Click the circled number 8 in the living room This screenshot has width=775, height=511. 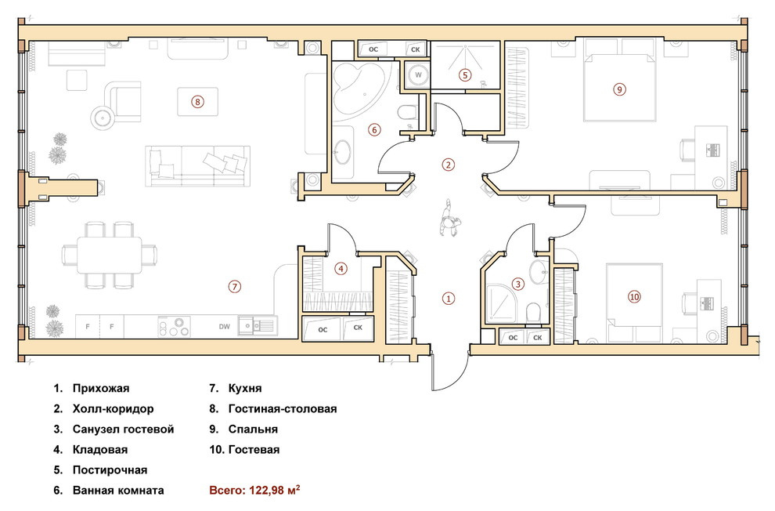pos(197,102)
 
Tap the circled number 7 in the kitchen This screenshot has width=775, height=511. pos(234,286)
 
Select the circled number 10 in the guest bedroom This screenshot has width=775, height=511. pos(634,297)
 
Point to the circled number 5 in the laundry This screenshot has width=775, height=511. pos(464,75)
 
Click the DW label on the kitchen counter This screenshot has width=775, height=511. pos(225,327)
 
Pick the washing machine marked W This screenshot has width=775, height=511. pos(418,75)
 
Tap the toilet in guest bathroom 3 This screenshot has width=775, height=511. pos(533,312)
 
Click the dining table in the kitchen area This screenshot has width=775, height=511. pos(110,255)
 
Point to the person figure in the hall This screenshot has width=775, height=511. pos(449,218)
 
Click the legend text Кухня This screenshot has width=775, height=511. pos(245,388)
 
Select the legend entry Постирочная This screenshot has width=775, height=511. pos(110,470)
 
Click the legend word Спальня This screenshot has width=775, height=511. pos(253,429)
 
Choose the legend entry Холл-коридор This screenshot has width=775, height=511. pos(114,409)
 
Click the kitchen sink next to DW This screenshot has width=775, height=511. pos(256,326)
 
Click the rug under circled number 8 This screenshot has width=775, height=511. pos(198,102)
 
